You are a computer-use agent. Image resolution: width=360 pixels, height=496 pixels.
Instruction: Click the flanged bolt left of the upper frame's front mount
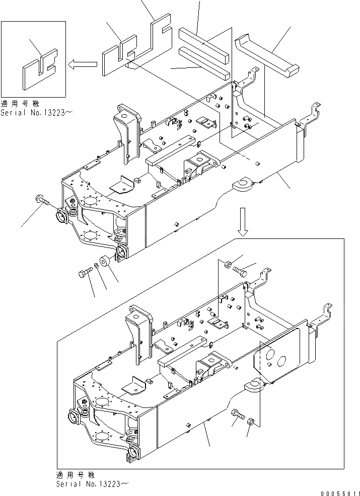tap(41, 201)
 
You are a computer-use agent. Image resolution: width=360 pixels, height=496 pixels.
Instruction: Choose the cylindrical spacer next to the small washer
tap(105, 262)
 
